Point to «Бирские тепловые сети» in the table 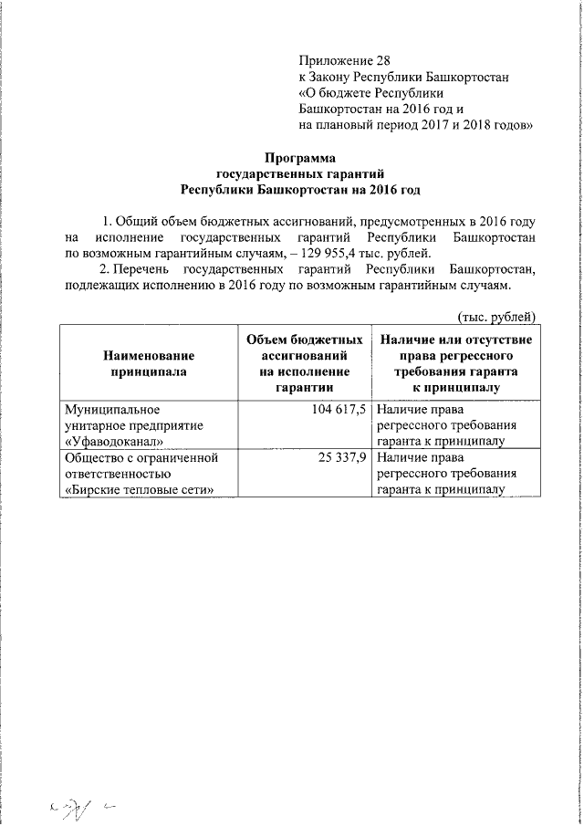coord(141,490)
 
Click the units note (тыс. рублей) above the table coord(495,317)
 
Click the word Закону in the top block coord(339,78)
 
